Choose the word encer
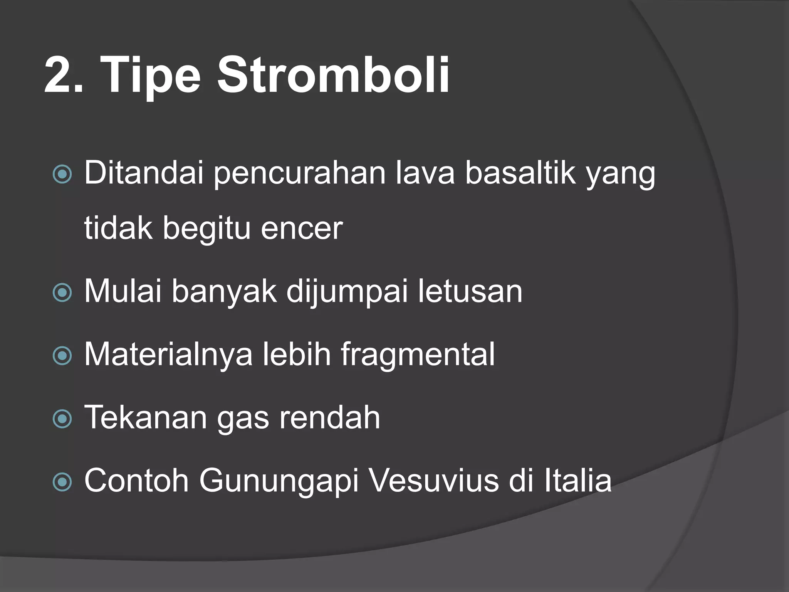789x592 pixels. (302, 228)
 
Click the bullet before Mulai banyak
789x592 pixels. (62, 293)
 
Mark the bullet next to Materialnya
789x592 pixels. (62, 356)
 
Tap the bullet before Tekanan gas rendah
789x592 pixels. (62, 419)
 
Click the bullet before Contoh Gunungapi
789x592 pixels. (62, 482)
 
